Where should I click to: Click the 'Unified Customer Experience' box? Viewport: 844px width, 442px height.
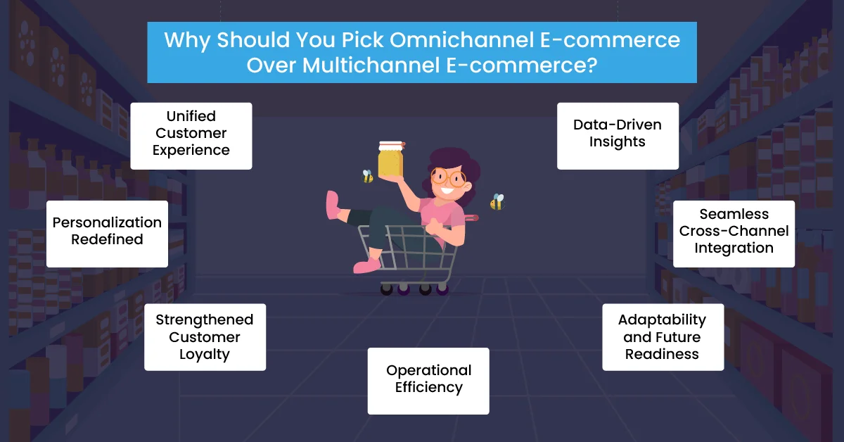pos(191,136)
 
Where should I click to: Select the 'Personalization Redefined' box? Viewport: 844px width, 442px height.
pos(107,234)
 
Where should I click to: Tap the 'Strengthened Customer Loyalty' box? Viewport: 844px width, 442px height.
pos(205,337)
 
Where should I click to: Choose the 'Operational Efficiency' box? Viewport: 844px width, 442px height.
pos(428,381)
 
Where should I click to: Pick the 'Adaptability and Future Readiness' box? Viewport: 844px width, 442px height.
pos(663,337)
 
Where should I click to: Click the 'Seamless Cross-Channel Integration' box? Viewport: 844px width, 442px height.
pos(734,234)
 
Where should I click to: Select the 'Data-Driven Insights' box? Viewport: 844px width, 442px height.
pos(618,136)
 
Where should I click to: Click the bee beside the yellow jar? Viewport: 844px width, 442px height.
pos(367,176)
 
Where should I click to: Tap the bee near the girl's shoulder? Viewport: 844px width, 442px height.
pos(497,202)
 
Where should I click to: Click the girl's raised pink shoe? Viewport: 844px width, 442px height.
pos(333,205)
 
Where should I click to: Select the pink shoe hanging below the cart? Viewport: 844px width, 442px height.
pos(366,266)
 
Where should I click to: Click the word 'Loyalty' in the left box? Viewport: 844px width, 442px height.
pos(205,354)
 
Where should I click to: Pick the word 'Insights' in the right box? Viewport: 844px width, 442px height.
pos(618,141)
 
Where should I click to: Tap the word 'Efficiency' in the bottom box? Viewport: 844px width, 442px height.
pos(428,388)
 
